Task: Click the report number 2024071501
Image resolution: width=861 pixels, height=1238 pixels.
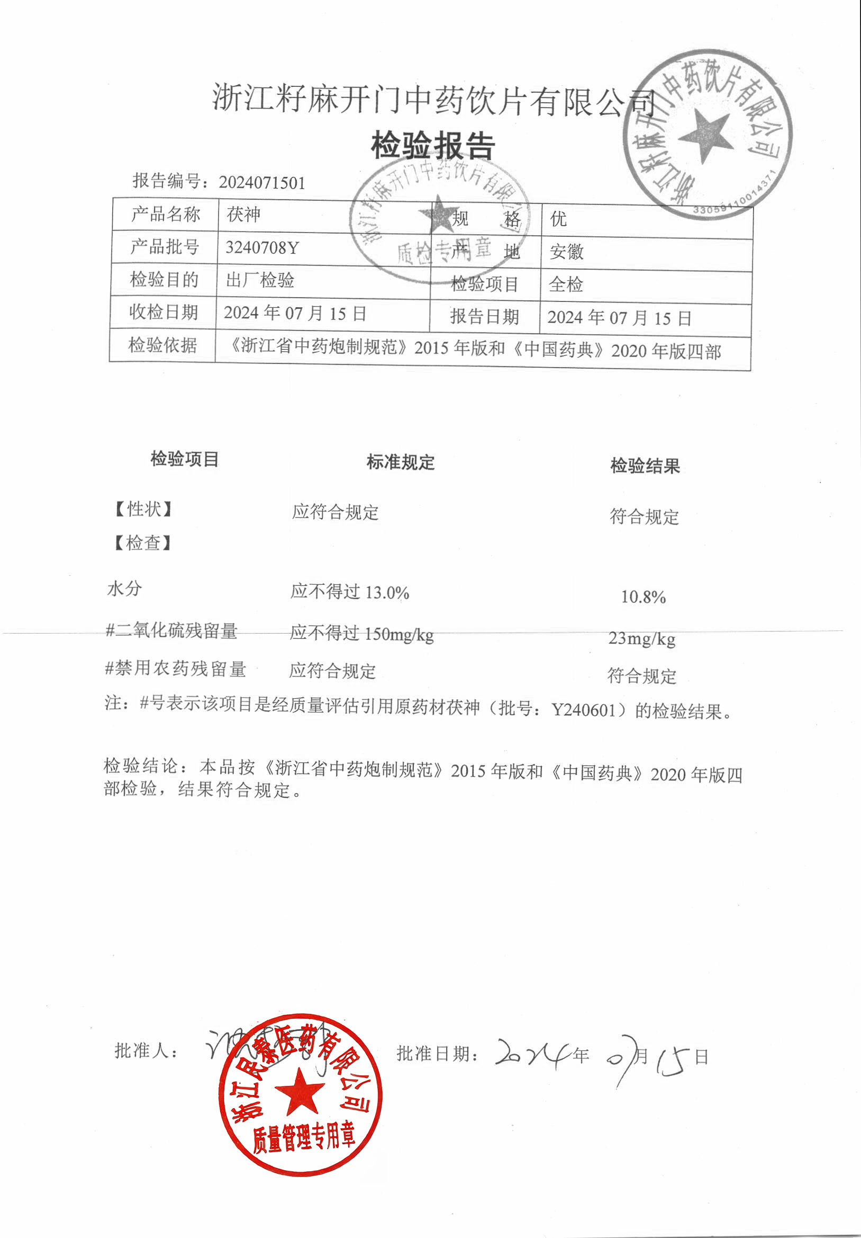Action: click(x=262, y=183)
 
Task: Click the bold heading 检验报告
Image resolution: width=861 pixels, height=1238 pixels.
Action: click(x=433, y=146)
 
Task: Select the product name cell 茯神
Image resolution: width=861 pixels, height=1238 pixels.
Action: click(x=243, y=215)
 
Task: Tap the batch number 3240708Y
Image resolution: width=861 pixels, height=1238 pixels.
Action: click(x=262, y=247)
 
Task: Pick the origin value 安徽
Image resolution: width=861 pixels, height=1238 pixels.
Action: click(x=566, y=252)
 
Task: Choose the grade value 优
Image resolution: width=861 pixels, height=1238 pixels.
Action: click(x=558, y=219)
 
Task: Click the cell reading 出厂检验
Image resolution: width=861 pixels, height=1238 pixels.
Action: click(x=260, y=280)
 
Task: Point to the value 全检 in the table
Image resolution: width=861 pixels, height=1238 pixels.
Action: click(x=566, y=284)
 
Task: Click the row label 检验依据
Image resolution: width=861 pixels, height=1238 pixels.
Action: click(x=162, y=345)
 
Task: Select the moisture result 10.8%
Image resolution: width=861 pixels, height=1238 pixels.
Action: click(x=644, y=597)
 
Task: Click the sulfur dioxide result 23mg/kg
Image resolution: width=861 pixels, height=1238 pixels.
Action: click(x=642, y=639)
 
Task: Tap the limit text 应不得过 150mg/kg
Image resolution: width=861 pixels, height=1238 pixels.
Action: click(x=361, y=634)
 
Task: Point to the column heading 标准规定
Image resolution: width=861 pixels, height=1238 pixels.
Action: click(x=400, y=462)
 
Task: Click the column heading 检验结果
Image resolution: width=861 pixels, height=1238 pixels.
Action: click(x=645, y=466)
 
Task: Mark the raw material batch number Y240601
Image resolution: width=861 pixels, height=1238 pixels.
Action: click(x=584, y=710)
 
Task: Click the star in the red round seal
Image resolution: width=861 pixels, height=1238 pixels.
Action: click(x=300, y=1092)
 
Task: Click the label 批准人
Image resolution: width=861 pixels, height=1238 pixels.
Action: click(x=146, y=1050)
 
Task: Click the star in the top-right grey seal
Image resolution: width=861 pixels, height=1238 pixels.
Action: click(x=705, y=135)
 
